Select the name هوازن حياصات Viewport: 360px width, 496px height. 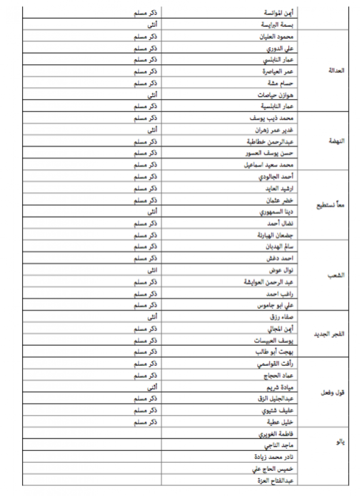coord(276,95)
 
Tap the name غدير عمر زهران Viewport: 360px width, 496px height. coord(275,130)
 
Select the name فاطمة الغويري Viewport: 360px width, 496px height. coord(278,433)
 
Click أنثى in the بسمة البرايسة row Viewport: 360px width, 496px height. coord(153,24)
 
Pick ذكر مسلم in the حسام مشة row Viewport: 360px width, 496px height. coord(145,83)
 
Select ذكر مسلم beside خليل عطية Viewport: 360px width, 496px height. coord(145,422)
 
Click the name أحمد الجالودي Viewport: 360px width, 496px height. coord(277,176)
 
